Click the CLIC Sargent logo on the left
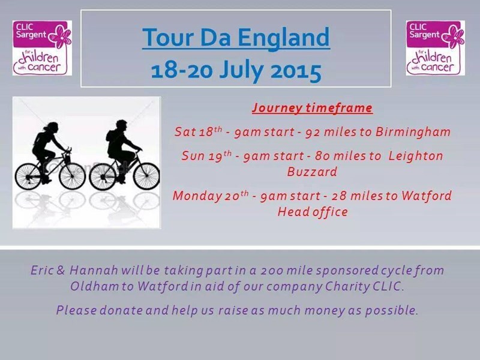point(42,48)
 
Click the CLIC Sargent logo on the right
point(436,48)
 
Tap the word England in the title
point(284,38)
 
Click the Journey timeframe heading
point(312,108)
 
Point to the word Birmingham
point(413,132)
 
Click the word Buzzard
point(312,172)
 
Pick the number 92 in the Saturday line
point(313,132)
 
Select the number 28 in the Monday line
point(339,196)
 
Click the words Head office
point(313,212)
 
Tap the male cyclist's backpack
point(110,136)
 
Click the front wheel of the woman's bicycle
point(73,176)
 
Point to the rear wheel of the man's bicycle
point(103,176)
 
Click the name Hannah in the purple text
point(94,271)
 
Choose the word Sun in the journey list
point(191,156)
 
